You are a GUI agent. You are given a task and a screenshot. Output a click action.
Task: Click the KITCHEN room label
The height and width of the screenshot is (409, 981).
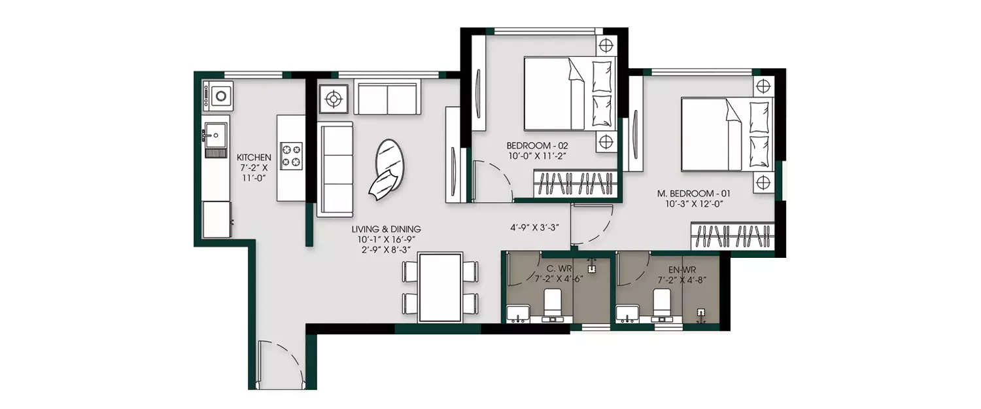(254, 157)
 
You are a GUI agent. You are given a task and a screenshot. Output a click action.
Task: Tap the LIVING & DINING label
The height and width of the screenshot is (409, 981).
(386, 229)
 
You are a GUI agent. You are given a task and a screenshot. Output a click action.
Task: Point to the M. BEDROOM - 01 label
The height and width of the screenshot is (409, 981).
(693, 194)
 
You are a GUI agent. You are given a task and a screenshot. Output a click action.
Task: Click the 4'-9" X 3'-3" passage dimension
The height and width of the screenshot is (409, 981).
(534, 229)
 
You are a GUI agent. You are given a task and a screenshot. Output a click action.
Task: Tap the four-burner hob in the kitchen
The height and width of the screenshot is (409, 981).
(292, 156)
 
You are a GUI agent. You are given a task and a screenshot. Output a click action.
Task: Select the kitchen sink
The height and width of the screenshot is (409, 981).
(215, 136)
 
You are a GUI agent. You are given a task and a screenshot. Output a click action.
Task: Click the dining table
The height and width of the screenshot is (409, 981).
(440, 287)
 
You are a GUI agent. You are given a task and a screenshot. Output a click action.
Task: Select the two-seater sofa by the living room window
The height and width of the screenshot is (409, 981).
(387, 98)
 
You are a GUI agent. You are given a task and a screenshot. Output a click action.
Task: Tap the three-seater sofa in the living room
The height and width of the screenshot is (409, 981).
(335, 169)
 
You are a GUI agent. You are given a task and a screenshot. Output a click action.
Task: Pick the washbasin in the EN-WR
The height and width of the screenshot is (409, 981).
(627, 313)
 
